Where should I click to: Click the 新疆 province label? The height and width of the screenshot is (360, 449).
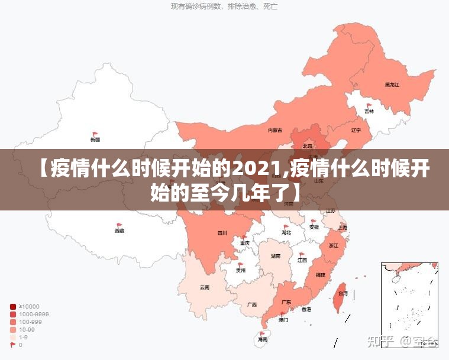point(95,140)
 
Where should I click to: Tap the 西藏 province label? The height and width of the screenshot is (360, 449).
point(119,231)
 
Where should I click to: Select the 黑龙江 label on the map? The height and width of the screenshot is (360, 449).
point(392,85)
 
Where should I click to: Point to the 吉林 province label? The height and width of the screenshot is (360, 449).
point(369,111)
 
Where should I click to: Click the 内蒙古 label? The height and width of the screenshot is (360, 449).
point(275,130)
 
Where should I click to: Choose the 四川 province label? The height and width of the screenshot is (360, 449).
point(222,233)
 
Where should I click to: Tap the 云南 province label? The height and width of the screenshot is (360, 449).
point(205,288)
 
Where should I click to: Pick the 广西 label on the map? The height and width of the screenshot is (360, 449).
point(252,305)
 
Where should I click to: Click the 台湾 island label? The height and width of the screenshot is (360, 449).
point(343,293)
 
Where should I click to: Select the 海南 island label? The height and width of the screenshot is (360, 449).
point(262,340)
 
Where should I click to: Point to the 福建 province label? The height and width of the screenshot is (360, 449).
point(320,275)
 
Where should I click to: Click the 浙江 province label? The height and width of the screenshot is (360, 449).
point(333,245)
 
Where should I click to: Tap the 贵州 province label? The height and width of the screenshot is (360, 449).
point(240,271)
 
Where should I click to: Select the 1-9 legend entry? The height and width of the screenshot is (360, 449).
point(24,337)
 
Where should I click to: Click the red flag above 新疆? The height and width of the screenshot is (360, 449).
point(95,134)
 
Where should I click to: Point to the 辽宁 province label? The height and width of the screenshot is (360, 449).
point(356,130)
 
